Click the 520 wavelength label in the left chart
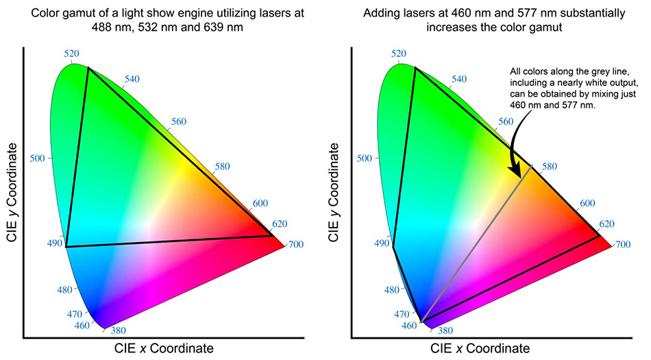point(72,54)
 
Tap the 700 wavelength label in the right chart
point(622,245)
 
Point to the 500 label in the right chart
point(365,158)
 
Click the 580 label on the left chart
point(222,167)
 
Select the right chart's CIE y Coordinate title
point(336,192)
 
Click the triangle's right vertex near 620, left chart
point(272,235)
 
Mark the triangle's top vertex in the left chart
point(88,67)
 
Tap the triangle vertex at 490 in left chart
point(66,246)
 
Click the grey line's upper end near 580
point(532,165)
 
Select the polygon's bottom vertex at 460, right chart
point(421,322)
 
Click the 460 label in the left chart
point(82,325)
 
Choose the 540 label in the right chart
point(459,79)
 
